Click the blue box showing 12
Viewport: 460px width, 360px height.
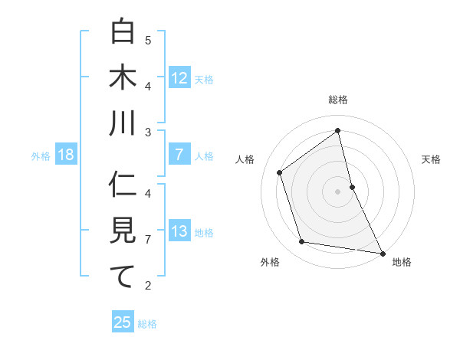[179, 78]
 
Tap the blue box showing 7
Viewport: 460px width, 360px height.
[179, 155]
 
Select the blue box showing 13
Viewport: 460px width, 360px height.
[179, 232]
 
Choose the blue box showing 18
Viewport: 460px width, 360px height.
[65, 155]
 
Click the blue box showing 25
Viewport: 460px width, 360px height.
[123, 322]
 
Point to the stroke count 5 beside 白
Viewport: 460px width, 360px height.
[148, 40]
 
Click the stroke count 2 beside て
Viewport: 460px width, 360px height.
[148, 286]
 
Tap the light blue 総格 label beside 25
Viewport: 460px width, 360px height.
[147, 324]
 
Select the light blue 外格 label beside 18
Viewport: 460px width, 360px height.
[41, 156]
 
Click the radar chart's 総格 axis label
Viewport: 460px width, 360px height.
[337, 100]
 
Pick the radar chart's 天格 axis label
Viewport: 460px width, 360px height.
[431, 159]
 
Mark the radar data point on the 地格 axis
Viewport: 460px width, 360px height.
[381, 252]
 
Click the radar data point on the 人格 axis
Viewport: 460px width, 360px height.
[280, 172]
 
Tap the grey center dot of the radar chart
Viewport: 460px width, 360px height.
[337, 191]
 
